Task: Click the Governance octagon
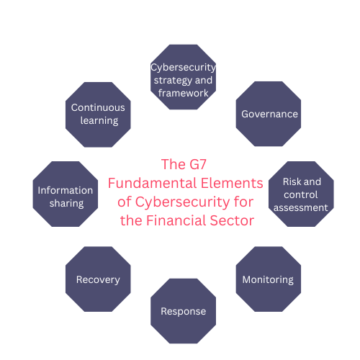(269, 114)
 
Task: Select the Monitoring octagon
(269, 279)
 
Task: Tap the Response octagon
(183, 311)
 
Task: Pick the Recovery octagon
(98, 279)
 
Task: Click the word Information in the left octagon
(66, 190)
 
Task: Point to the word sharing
(66, 204)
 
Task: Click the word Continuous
(98, 107)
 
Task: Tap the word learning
(99, 121)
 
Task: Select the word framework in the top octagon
(184, 93)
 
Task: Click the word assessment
(301, 207)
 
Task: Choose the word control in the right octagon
(301, 194)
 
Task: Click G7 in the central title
(198, 164)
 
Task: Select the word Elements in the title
(232, 183)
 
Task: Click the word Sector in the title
(232, 220)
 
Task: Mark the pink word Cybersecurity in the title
(183, 202)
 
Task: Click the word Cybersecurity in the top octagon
(183, 68)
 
